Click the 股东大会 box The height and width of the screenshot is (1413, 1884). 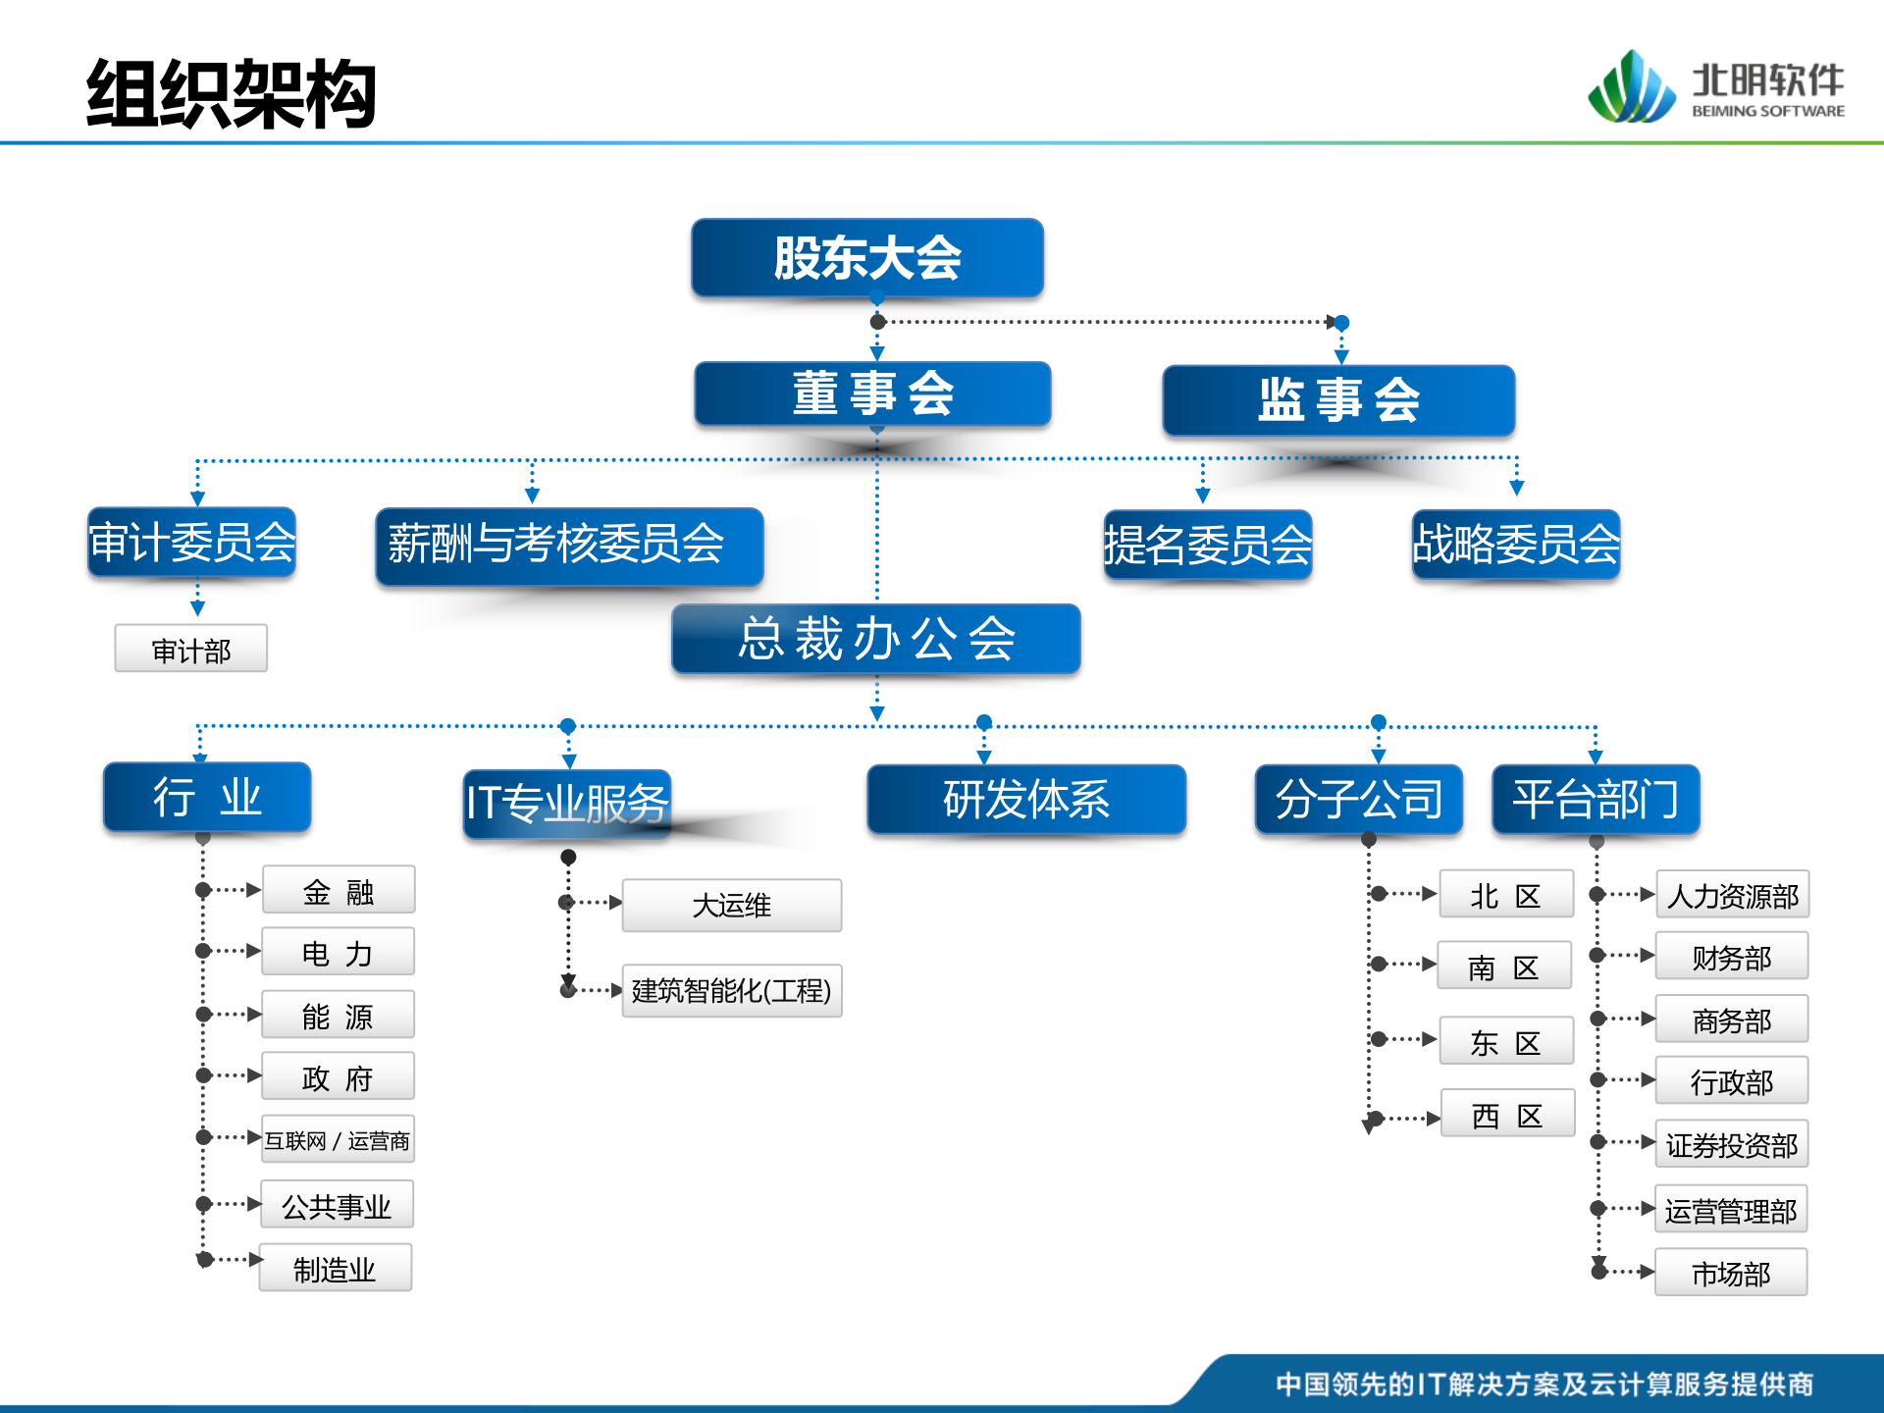pyautogui.click(x=867, y=258)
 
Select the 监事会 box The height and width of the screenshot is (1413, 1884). pyautogui.click(x=1338, y=400)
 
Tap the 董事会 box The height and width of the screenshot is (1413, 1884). pyautogui.click(x=872, y=393)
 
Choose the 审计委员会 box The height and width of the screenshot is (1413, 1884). pyautogui.click(x=192, y=543)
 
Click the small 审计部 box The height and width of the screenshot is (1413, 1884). pyautogui.click(x=191, y=649)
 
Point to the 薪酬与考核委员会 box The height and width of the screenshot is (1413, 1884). pyautogui.click(x=569, y=546)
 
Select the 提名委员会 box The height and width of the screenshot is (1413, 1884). pyautogui.click(x=1208, y=545)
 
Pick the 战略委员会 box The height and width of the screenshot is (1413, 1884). pyautogui.click(x=1516, y=545)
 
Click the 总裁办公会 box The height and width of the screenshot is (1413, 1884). pyautogui.click(x=876, y=639)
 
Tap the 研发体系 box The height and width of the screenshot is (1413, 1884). pyautogui.click(x=1026, y=799)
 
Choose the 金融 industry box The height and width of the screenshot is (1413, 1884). pyautogui.click(x=339, y=890)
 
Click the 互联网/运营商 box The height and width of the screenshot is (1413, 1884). pyautogui.click(x=338, y=1139)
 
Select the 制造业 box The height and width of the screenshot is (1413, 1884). pyautogui.click(x=336, y=1269)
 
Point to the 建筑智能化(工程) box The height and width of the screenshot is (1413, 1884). pyautogui.click(x=732, y=991)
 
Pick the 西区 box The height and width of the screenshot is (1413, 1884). pyautogui.click(x=1507, y=1114)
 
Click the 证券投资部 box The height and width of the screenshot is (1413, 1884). pyautogui.click(x=1732, y=1144)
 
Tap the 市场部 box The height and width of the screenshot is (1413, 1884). pyautogui.click(x=1731, y=1273)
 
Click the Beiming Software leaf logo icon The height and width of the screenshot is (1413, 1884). pyautogui.click(x=1631, y=88)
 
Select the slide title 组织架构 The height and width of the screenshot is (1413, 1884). pyautogui.click(x=232, y=94)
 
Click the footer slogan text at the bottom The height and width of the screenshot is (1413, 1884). pyautogui.click(x=1544, y=1384)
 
